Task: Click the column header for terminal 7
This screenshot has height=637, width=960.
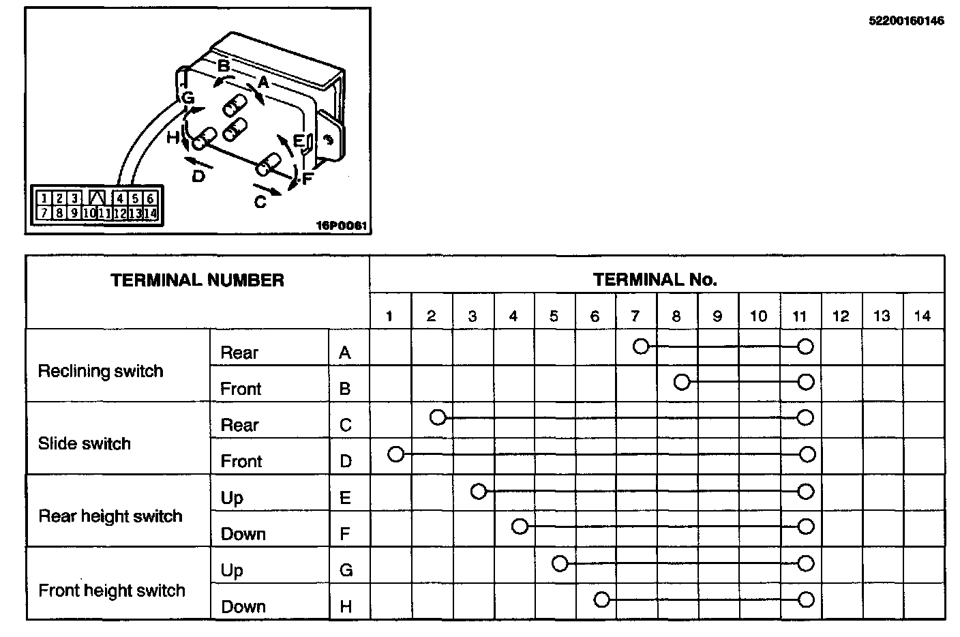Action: pos(635,316)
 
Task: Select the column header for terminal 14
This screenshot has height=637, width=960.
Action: pos(922,316)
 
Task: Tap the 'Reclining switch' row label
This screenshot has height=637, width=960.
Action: pos(100,371)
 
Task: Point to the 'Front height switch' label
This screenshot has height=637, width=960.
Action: pos(112,590)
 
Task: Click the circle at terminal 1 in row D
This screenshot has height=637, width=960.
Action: pos(396,454)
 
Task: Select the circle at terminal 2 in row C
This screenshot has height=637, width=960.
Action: pos(438,417)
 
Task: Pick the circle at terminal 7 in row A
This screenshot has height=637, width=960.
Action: pos(641,346)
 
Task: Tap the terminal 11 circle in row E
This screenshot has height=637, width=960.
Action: pos(806,491)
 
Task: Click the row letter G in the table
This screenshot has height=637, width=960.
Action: pos(346,570)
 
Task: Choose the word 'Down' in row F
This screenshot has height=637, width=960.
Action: pos(243,533)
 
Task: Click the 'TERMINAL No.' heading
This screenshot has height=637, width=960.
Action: pos(655,280)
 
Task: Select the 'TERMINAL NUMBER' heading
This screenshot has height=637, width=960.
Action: pos(197,280)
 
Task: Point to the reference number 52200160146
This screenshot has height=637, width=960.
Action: pos(906,21)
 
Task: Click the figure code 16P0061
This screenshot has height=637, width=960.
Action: pos(344,225)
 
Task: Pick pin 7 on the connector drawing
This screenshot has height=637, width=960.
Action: pos(44,213)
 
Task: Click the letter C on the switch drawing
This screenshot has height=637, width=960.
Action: pos(260,203)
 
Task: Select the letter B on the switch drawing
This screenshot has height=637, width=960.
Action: pos(224,66)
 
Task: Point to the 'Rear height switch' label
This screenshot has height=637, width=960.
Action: pos(110,516)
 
